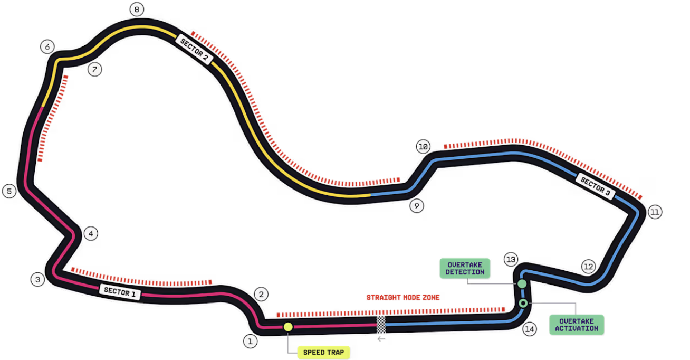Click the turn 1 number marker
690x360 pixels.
(250, 342)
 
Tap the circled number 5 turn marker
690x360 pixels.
(9, 191)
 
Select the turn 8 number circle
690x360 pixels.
(137, 9)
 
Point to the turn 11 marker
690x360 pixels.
(655, 212)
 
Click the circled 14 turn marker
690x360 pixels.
(530, 329)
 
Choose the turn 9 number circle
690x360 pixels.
(416, 206)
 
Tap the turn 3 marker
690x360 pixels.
(37, 279)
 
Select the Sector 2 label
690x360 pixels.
(194, 50)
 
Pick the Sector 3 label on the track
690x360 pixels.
(595, 187)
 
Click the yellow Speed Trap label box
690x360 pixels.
(323, 352)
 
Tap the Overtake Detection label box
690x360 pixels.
(465, 268)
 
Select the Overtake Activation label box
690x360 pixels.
(577, 325)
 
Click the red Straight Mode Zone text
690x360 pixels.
(403, 298)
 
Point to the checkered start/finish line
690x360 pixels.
(381, 324)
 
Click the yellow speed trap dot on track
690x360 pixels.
(288, 327)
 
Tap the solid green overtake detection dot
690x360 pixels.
(522, 284)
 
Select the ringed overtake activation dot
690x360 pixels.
(523, 303)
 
